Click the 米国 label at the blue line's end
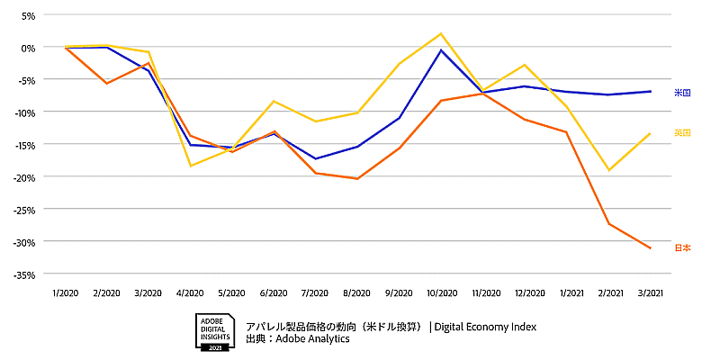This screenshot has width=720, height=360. [682, 93]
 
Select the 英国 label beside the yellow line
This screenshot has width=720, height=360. [682, 133]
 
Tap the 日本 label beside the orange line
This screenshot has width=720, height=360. [682, 247]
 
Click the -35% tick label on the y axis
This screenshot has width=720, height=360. [23, 274]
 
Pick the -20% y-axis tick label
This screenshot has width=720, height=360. [23, 177]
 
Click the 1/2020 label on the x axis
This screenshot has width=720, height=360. [65, 293]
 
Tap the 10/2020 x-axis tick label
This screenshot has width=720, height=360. [440, 293]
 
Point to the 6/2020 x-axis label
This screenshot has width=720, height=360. [274, 293]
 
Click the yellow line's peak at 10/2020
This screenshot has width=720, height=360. [441, 33]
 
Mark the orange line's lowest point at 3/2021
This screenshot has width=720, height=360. [650, 248]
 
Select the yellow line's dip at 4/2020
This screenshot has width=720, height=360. [190, 166]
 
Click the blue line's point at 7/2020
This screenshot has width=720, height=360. [316, 159]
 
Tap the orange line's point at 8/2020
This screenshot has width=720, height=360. [357, 179]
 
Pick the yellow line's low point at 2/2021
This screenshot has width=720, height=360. [608, 170]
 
